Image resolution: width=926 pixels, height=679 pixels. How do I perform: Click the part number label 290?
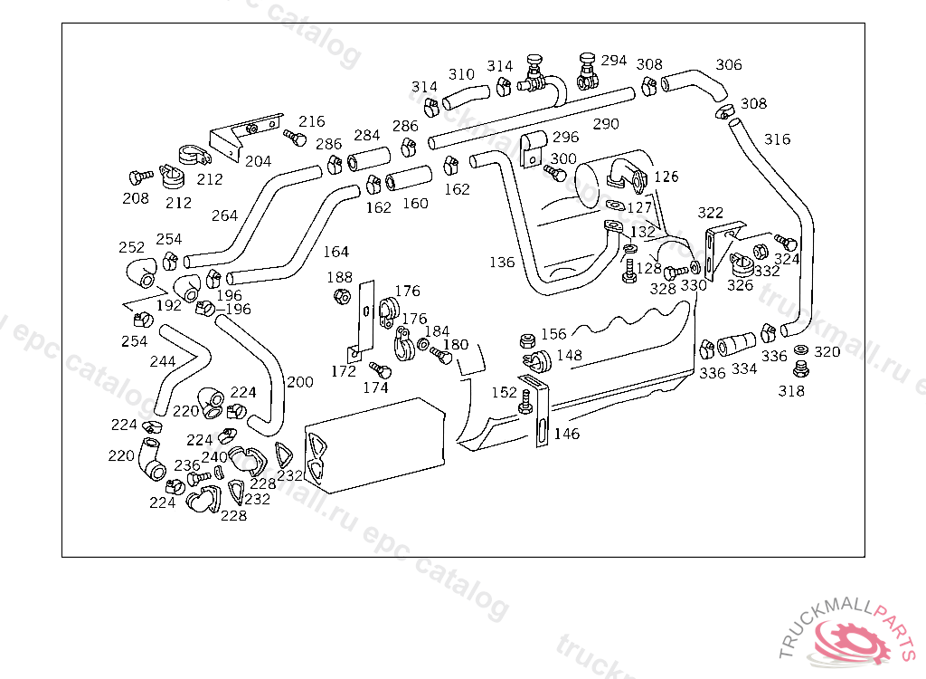[606, 124]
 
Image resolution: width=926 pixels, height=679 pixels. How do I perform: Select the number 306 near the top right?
[728, 64]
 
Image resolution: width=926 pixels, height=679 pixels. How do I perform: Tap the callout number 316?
[777, 139]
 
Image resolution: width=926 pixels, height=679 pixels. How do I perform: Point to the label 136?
[502, 262]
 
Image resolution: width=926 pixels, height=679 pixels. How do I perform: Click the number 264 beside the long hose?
[224, 215]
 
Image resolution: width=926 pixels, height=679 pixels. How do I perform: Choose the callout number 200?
[300, 382]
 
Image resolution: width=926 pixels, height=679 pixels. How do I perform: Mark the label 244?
[163, 361]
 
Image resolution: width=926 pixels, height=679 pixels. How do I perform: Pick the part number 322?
[711, 213]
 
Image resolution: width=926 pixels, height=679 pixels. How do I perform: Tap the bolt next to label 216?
[296, 138]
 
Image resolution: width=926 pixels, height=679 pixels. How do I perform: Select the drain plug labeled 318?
[800, 369]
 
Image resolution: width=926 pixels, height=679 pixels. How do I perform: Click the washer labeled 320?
[801, 350]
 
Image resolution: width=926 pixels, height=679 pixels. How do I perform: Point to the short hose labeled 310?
[466, 97]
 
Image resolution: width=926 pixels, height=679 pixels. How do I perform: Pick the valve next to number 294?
[588, 71]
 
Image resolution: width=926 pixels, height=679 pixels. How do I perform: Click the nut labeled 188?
[341, 295]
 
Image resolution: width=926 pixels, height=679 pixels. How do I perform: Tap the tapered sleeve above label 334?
[736, 344]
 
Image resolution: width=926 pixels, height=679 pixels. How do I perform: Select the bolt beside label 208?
[140, 177]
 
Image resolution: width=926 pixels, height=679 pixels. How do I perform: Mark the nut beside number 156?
[527, 340]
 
